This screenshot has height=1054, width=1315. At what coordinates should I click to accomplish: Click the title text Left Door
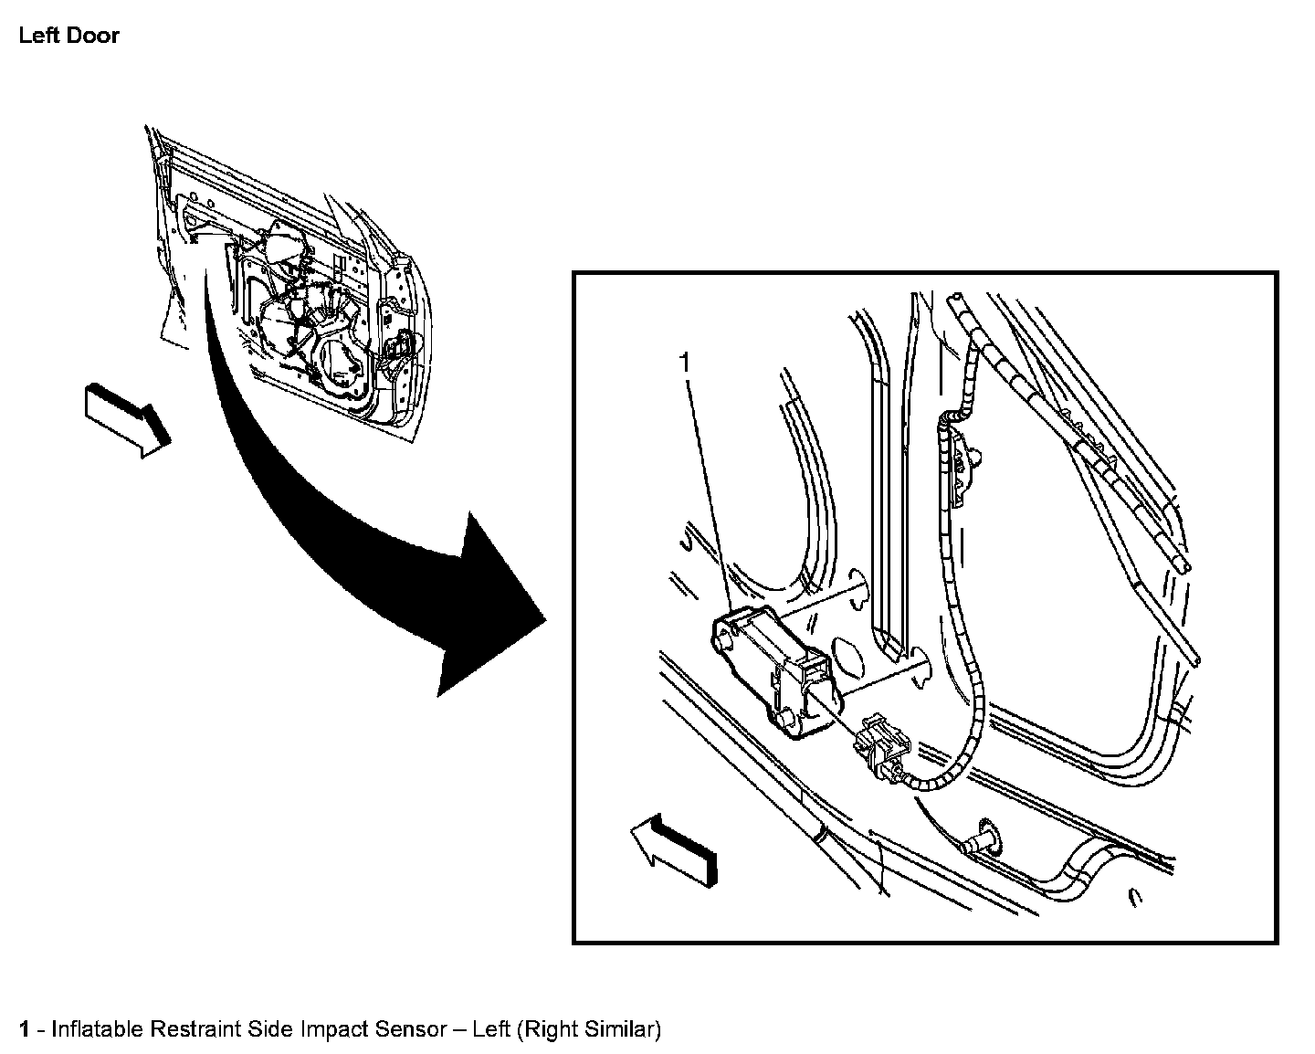pos(69,37)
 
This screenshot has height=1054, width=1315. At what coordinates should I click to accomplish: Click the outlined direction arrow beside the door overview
pos(126,418)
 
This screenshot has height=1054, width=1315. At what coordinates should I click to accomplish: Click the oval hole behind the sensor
pos(848,657)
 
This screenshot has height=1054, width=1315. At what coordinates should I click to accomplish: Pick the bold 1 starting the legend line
pos(26,1029)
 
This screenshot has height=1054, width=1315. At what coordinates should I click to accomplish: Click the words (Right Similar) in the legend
pos(588,1029)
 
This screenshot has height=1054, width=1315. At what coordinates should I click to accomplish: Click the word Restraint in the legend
pos(195,1029)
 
